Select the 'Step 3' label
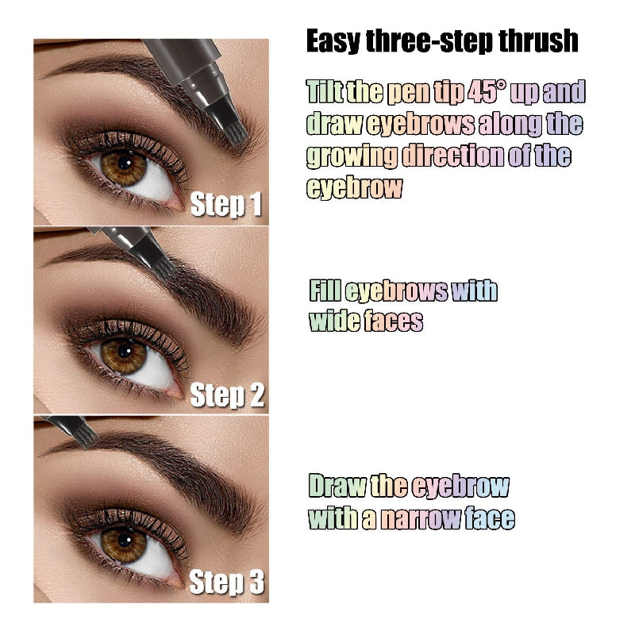227,583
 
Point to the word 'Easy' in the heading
333,41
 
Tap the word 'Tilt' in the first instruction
325,92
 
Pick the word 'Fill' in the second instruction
325,291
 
